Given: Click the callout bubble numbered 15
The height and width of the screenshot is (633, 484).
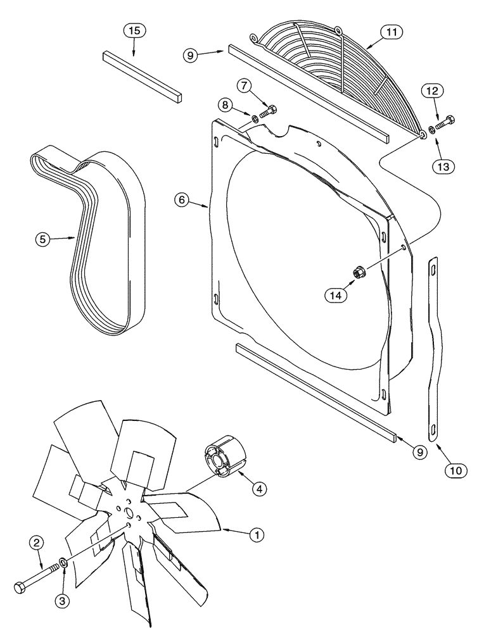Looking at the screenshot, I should point(134,30).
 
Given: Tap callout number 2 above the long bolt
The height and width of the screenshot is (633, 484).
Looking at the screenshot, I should point(37,542).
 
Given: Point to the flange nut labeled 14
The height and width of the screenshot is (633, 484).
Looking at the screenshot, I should point(357,273).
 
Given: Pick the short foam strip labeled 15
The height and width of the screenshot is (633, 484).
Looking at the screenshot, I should point(142,76).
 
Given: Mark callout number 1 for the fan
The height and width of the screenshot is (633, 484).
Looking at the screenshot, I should point(256,535).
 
